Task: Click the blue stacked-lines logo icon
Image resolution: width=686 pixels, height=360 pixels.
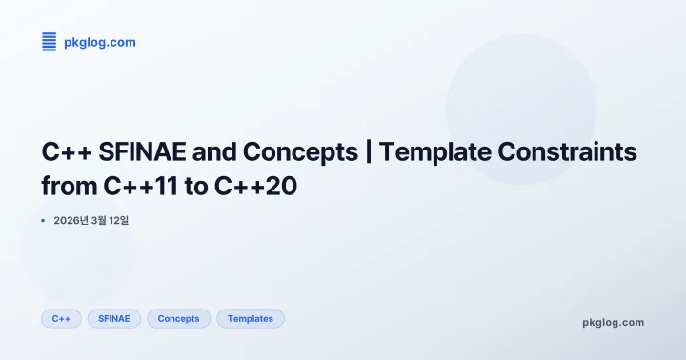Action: tap(50, 41)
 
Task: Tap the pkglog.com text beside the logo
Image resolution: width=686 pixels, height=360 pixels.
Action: tap(99, 42)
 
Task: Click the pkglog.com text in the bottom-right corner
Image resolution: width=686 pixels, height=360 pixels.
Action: tap(613, 322)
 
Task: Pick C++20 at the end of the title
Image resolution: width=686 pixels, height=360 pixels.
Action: tap(258, 187)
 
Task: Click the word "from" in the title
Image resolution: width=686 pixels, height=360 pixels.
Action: tap(64, 187)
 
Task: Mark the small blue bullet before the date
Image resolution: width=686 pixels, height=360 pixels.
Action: tap(44, 221)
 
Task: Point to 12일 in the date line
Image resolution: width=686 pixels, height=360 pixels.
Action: tap(118, 221)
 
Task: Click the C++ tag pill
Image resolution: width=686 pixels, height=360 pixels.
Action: tap(61, 318)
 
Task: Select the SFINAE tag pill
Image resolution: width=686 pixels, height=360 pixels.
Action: tap(114, 318)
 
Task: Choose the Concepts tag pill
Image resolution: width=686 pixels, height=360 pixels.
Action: tap(178, 318)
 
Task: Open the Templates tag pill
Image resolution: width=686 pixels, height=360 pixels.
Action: tap(250, 318)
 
